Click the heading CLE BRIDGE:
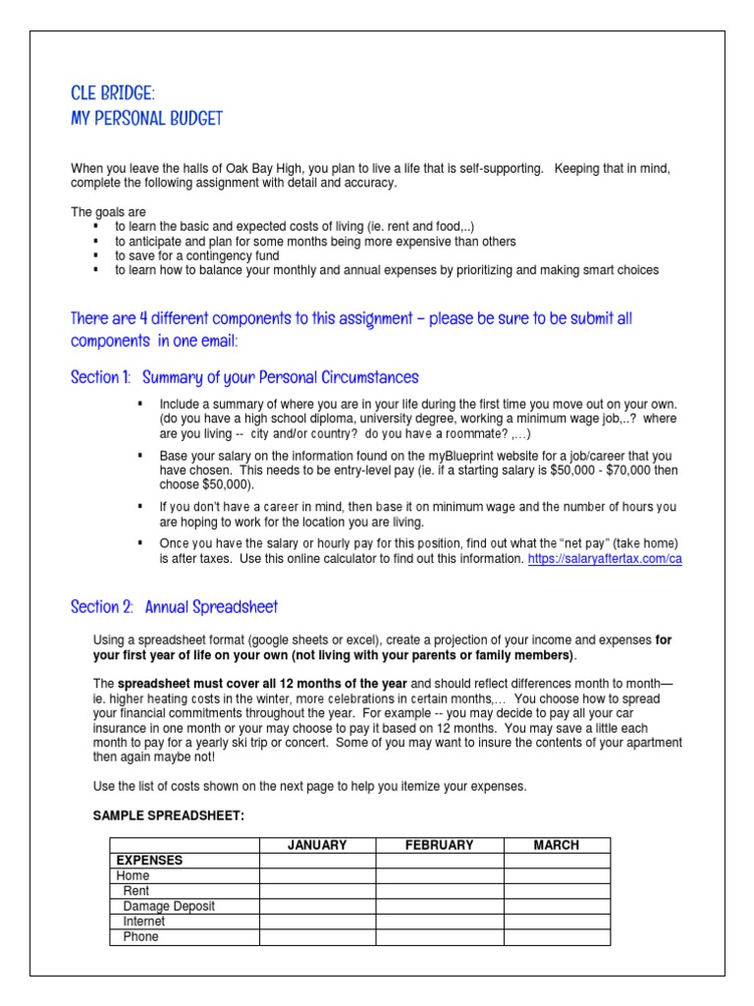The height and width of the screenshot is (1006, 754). point(113,93)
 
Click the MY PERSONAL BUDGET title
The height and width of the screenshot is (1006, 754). point(146,119)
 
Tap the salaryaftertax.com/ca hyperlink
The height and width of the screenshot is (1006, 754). point(605,559)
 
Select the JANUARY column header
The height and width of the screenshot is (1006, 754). point(317,845)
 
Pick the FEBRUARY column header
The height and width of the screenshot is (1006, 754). point(439,845)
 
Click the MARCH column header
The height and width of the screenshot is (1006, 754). point(557,845)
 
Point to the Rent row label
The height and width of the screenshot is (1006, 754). point(136,891)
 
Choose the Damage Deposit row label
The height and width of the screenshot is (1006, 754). point(169,907)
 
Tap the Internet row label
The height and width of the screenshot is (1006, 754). point(144,922)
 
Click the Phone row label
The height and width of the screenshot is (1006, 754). point(140,937)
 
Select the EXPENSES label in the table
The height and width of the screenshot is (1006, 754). point(149,860)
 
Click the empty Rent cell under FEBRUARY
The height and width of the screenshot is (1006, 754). point(439,891)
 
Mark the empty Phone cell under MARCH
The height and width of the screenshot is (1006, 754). point(557,937)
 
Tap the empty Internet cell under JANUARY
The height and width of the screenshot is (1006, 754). point(317,922)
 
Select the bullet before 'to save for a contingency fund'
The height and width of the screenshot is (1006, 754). point(96,255)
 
